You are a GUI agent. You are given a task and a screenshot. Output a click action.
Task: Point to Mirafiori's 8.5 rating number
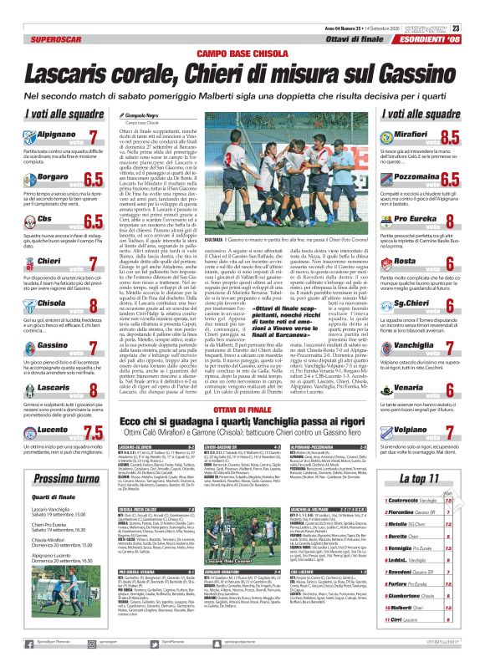[448, 137]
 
